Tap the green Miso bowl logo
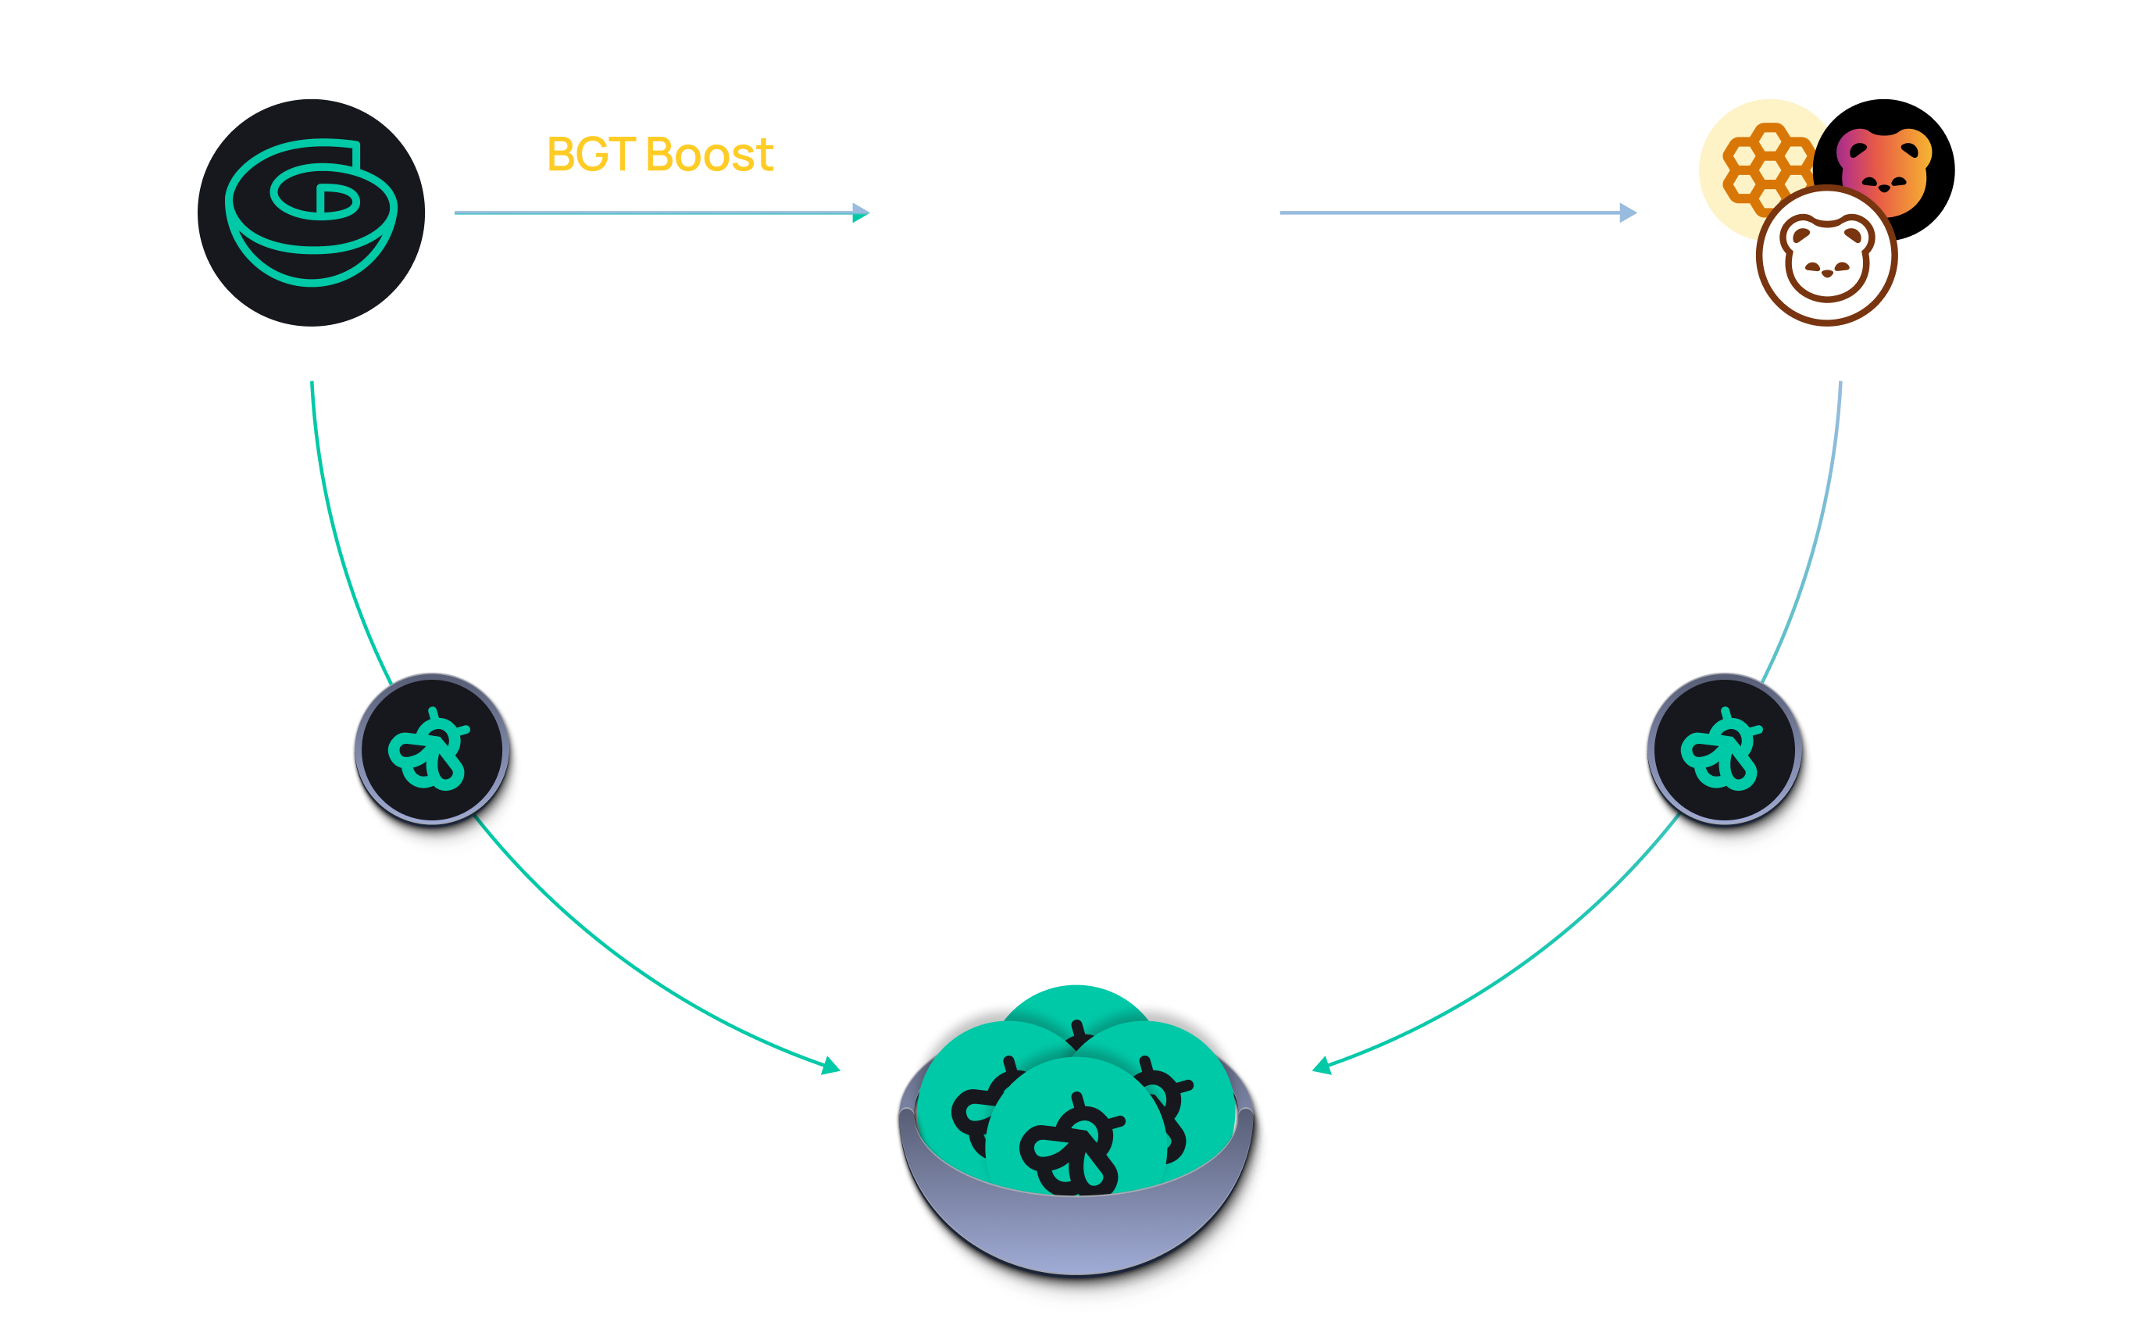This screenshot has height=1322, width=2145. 311,213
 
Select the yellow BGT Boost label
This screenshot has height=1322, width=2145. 660,155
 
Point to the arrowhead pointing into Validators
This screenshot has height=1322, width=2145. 862,213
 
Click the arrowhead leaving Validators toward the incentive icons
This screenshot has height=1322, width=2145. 1628,213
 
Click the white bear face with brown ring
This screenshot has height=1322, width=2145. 1827,256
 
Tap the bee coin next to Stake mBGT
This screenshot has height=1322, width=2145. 433,749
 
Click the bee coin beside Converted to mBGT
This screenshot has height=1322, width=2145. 1724,749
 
